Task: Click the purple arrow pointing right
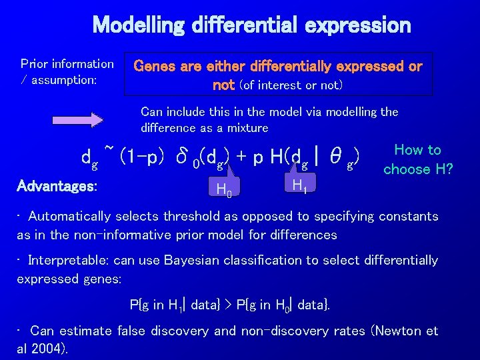point(96,120)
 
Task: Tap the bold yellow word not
point(223,85)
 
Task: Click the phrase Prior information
point(67,64)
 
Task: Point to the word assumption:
point(64,80)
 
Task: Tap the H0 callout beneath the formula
point(224,191)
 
